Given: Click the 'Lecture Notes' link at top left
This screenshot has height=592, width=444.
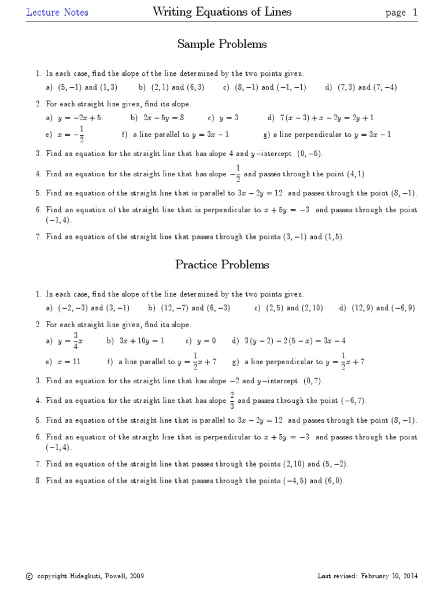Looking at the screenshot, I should click(57, 12).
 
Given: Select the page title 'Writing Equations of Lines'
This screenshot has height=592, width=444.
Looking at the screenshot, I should click(222, 12).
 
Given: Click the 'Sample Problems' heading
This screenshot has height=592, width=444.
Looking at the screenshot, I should click(222, 45).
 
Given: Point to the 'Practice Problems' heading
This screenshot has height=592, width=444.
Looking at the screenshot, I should click(222, 265).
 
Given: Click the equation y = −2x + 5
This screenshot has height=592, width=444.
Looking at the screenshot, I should click(80, 118).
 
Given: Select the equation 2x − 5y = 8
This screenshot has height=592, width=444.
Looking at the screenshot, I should click(166, 118).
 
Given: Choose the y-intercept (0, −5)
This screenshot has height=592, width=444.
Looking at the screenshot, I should click(310, 154).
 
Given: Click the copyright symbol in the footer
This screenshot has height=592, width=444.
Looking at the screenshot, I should click(29, 576).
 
